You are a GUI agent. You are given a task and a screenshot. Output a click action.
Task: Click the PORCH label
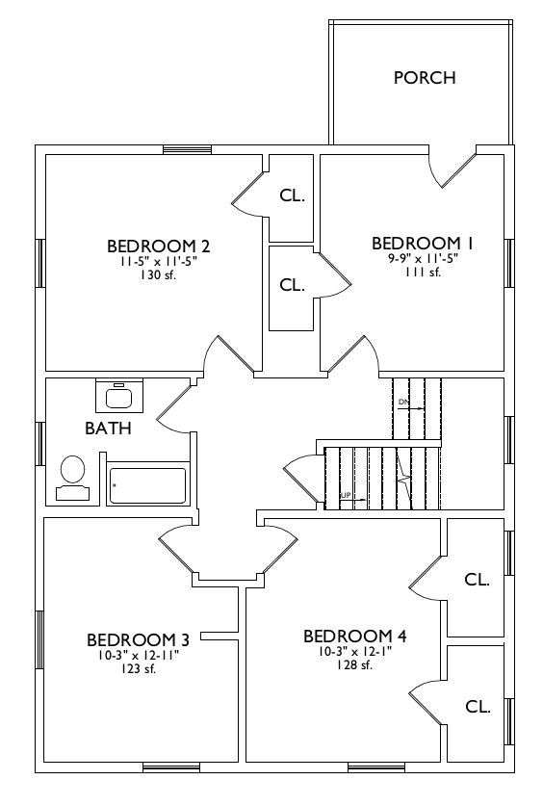[425, 78]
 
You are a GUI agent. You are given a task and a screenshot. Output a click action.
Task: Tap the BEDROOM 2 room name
[158, 247]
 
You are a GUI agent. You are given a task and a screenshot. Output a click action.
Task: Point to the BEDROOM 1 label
[423, 243]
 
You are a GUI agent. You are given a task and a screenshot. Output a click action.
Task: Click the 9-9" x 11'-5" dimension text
[424, 259]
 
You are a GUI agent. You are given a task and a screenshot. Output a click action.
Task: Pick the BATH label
[108, 429]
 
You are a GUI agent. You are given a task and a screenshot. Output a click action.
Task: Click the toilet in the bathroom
[72, 478]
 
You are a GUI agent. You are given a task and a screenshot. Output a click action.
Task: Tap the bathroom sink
[119, 395]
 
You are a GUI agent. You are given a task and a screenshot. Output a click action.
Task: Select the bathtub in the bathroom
[148, 485]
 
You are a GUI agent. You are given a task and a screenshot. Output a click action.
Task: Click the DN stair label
[402, 401]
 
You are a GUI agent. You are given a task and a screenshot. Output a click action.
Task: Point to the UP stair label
[346, 495]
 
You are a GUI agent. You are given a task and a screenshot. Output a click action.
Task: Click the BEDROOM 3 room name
[139, 640]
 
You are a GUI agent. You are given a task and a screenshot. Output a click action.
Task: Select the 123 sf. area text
[139, 668]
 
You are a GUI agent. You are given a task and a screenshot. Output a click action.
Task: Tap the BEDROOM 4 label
[355, 637]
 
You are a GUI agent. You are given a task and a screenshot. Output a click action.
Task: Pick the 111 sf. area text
[424, 273]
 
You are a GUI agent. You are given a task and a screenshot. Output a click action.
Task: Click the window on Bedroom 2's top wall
[188, 149]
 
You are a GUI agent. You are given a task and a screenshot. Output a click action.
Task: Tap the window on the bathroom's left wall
[40, 443]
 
